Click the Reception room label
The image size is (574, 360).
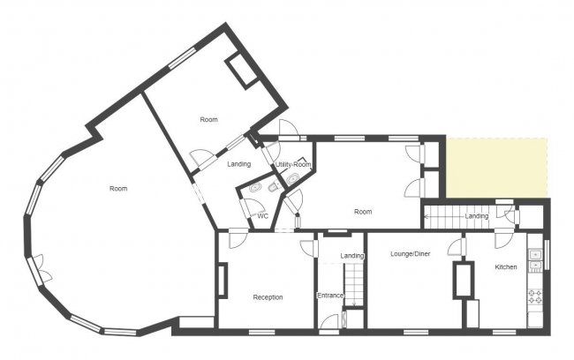pyautogui.click(x=268, y=297)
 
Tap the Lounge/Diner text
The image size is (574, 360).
pyautogui.click(x=409, y=254)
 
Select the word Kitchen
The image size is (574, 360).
pyautogui.click(x=505, y=266)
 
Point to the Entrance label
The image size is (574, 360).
pyautogui.click(x=329, y=296)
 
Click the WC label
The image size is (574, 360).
pyautogui.click(x=262, y=215)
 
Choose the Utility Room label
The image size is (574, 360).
pyautogui.click(x=293, y=165)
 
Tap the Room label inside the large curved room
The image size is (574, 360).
pyautogui.click(x=117, y=189)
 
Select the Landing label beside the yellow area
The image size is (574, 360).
pyautogui.click(x=477, y=216)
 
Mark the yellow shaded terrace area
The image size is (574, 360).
pyautogui.click(x=496, y=168)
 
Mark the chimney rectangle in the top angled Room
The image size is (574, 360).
pyautogui.click(x=241, y=71)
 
